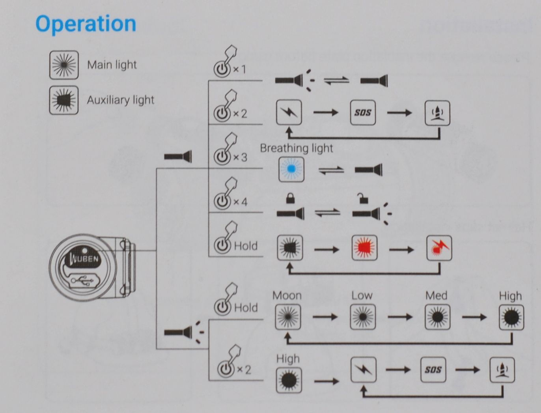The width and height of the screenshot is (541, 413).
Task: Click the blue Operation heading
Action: [86, 24]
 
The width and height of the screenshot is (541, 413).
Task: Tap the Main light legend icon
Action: [63, 65]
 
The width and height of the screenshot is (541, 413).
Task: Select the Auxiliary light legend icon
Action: [63, 100]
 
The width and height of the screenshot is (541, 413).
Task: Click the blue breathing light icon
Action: [291, 169]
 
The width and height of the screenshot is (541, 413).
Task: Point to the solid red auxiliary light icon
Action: [364, 248]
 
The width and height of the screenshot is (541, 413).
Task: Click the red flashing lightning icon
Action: [439, 248]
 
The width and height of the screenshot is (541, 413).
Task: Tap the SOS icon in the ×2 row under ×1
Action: [362, 113]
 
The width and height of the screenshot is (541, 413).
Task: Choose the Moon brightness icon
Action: [287, 317]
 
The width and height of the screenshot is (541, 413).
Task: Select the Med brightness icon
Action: [437, 317]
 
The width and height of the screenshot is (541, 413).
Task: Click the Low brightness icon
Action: [363, 317]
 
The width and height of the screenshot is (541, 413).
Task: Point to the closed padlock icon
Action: [290, 198]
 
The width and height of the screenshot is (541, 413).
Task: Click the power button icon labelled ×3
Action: [222, 157]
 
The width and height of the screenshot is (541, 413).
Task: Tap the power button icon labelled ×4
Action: [222, 201]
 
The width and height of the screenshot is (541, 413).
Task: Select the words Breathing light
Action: [297, 148]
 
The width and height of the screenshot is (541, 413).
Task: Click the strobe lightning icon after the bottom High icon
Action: [363, 370]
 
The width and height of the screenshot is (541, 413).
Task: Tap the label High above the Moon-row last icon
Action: [510, 296]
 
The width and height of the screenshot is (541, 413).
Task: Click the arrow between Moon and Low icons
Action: [325, 317]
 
